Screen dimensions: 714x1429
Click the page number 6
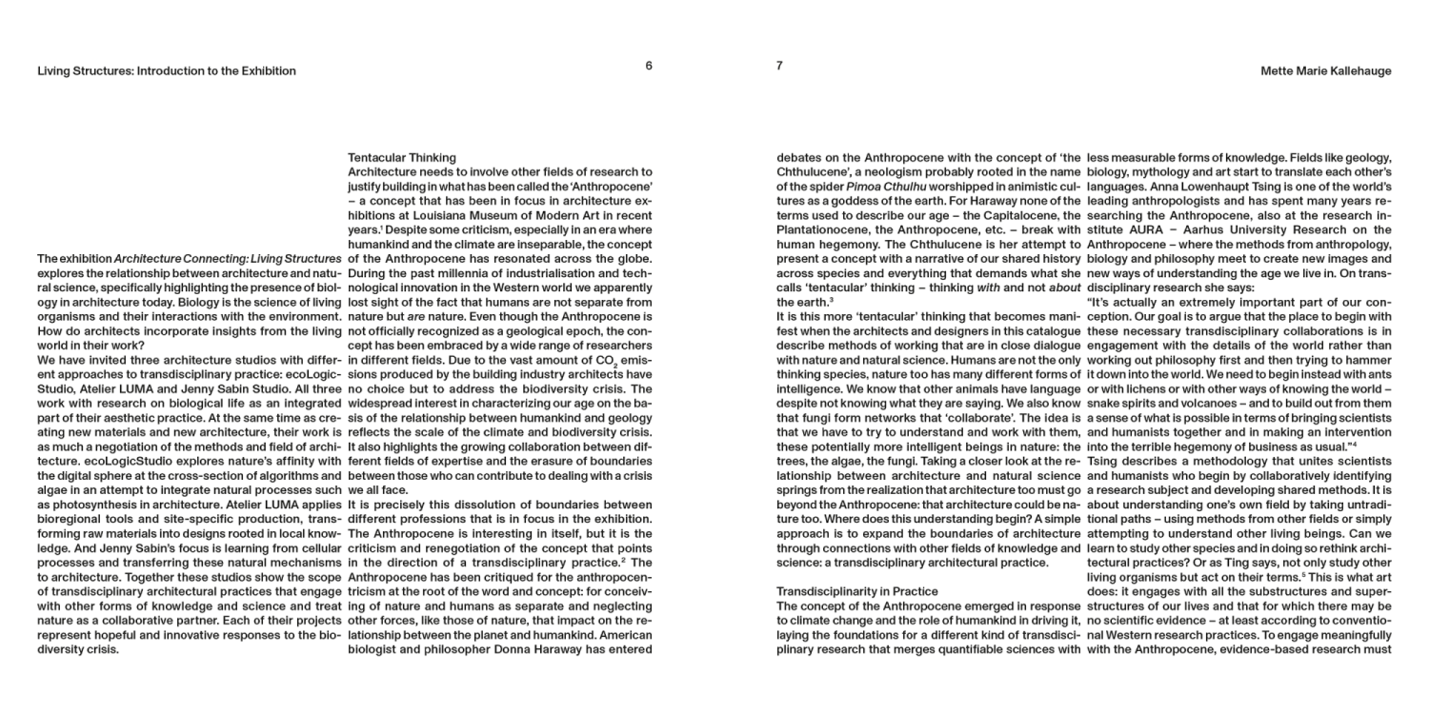pyautogui.click(x=649, y=66)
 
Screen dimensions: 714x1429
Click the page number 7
pyautogui.click(x=779, y=66)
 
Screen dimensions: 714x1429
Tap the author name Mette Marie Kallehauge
pyautogui.click(x=1325, y=71)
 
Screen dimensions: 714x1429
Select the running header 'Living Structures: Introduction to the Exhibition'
pyautogui.click(x=167, y=71)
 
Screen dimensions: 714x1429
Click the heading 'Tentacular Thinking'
pyautogui.click(x=402, y=158)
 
